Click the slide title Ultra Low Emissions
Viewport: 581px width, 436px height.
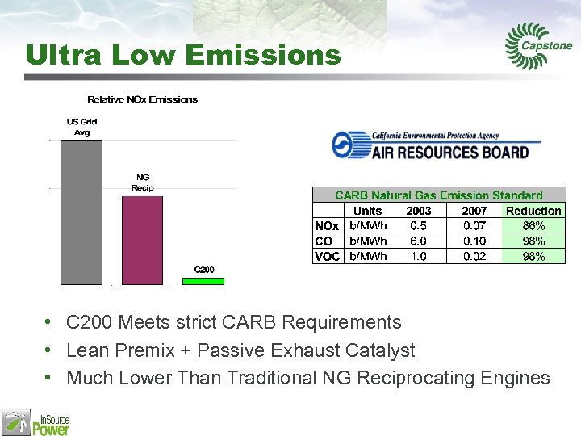click(x=183, y=55)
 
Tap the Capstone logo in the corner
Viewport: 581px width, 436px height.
click(x=538, y=47)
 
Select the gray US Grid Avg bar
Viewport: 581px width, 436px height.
click(x=82, y=212)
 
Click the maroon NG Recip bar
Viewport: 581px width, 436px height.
click(x=142, y=240)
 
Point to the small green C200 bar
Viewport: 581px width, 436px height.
click(x=203, y=281)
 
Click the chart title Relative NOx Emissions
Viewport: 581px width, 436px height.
click(x=142, y=99)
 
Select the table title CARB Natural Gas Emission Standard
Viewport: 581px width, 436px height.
click(x=438, y=195)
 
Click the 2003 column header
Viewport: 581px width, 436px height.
click(x=418, y=211)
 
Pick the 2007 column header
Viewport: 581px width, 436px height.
click(x=474, y=211)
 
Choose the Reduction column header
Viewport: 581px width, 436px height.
click(x=533, y=211)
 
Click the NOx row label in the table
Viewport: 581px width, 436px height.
click(x=327, y=226)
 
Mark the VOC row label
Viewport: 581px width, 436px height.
click(x=327, y=257)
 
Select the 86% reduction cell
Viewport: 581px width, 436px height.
click(x=533, y=226)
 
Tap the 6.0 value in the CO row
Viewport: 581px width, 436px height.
click(x=418, y=241)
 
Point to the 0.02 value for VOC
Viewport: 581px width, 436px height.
click(x=474, y=257)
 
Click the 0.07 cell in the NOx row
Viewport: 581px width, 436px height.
click(x=474, y=226)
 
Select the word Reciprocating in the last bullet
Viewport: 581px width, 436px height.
click(x=426, y=378)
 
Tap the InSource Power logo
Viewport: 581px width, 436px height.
click(x=36, y=421)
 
